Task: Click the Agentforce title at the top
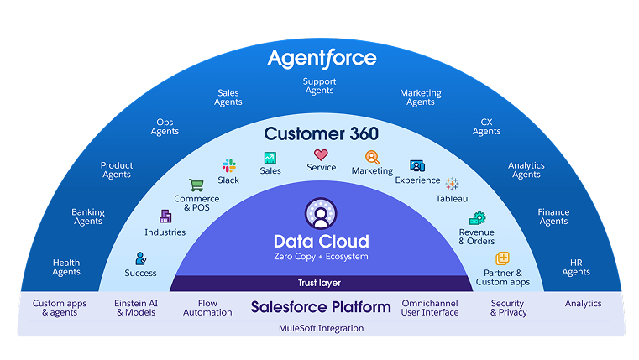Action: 322,59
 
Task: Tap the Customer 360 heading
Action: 322,133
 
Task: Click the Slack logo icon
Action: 228,165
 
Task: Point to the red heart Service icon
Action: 321,154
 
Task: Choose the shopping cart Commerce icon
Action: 196,185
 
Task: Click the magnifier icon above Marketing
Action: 372,157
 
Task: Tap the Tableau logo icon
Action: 452,184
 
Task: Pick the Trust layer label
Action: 320,284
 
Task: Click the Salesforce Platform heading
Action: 321,307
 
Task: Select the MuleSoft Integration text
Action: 321,328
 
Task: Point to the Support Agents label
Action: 320,86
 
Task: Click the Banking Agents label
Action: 88,217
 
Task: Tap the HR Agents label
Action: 576,268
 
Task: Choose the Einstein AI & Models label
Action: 136,308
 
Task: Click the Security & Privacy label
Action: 508,308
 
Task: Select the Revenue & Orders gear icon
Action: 477,218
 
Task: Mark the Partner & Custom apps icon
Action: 502,258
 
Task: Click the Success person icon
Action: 141,258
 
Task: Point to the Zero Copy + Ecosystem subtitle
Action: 321,257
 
